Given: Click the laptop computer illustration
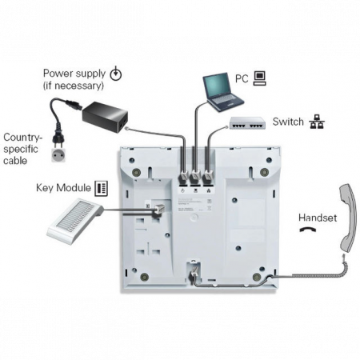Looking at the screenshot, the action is click(x=223, y=92).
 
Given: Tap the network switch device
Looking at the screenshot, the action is click(x=247, y=123).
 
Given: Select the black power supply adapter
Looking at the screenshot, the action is click(x=105, y=117).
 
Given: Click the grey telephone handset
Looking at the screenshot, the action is click(x=349, y=218).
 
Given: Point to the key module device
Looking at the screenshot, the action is click(x=75, y=220).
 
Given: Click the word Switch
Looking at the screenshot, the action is click(x=288, y=122).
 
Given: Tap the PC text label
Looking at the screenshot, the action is click(x=242, y=78).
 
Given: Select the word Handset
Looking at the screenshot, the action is click(x=318, y=218).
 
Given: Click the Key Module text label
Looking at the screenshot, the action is click(x=63, y=188).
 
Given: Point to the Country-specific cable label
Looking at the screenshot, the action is click(x=22, y=149).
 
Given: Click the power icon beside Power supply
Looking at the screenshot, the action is click(x=116, y=74).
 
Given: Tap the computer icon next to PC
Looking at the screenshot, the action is click(x=259, y=78).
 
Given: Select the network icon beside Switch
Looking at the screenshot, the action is click(x=317, y=122).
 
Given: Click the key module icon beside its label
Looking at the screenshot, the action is click(x=102, y=188).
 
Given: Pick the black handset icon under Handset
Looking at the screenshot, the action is click(x=307, y=230).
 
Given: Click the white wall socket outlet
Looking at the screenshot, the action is click(x=58, y=155).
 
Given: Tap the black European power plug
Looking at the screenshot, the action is click(x=58, y=138).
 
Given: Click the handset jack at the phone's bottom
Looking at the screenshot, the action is click(x=194, y=270).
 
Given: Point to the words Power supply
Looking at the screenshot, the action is click(x=74, y=73).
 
